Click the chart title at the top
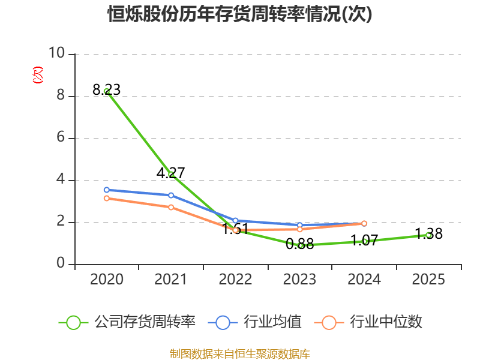240,14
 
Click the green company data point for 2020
106,91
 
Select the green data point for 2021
171,175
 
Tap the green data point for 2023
300,245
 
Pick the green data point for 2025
428,235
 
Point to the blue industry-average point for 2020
106,190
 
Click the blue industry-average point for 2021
171,195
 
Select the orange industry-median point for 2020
106,198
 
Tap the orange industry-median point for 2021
171,207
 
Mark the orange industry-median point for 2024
364,223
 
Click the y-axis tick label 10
57,53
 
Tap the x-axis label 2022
235,280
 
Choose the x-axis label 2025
428,280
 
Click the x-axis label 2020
106,280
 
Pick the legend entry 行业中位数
372,322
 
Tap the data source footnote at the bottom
240,353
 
